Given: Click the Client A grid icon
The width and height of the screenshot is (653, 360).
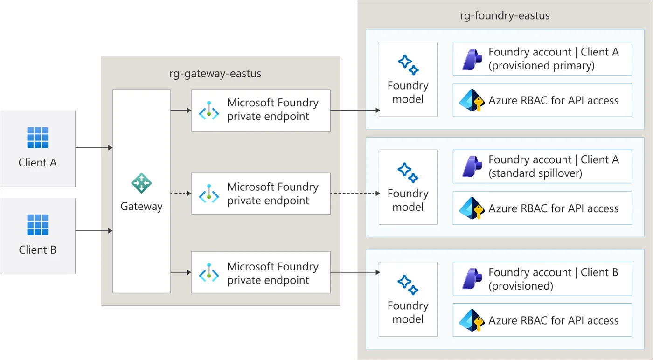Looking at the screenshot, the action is tap(38, 138).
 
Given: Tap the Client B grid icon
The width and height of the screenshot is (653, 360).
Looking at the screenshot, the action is tap(38, 225).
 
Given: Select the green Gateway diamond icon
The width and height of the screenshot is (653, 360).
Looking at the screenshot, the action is tap(141, 183).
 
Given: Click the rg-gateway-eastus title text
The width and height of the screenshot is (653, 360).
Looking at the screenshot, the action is tap(215, 74).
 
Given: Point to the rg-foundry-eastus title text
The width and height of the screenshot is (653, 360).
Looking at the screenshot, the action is tap(505, 15).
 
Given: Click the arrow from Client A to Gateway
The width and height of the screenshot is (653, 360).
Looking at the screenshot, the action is tap(94, 148).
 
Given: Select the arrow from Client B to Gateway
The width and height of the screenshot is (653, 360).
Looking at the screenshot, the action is tap(94, 231).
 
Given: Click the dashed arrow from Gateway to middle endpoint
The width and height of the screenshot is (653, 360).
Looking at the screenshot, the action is tap(181, 193).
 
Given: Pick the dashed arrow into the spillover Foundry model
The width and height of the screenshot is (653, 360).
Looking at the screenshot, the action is tap(355, 193).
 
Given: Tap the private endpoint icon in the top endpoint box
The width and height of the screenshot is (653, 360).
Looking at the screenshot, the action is tap(209, 111).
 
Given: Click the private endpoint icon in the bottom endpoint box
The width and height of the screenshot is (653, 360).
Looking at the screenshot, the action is tap(209, 272).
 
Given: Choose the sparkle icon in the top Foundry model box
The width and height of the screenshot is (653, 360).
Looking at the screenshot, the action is tap(408, 65).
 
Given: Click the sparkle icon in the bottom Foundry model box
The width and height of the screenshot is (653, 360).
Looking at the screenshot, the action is tap(408, 285).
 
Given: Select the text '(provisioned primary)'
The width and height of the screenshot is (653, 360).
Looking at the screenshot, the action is tap(542, 66).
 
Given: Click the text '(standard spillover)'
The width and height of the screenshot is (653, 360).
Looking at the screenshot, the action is tap(535, 173).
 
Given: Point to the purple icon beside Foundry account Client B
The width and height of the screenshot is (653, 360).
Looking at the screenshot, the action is tap(472, 279).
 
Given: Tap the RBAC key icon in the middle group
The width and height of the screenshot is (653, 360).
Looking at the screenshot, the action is tap(472, 208).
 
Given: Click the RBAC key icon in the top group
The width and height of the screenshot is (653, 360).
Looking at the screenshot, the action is tap(472, 100).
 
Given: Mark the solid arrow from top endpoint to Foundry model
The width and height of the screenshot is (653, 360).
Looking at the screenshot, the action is tap(355, 111).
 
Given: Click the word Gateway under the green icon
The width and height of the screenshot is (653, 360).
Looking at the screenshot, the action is tap(141, 207).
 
